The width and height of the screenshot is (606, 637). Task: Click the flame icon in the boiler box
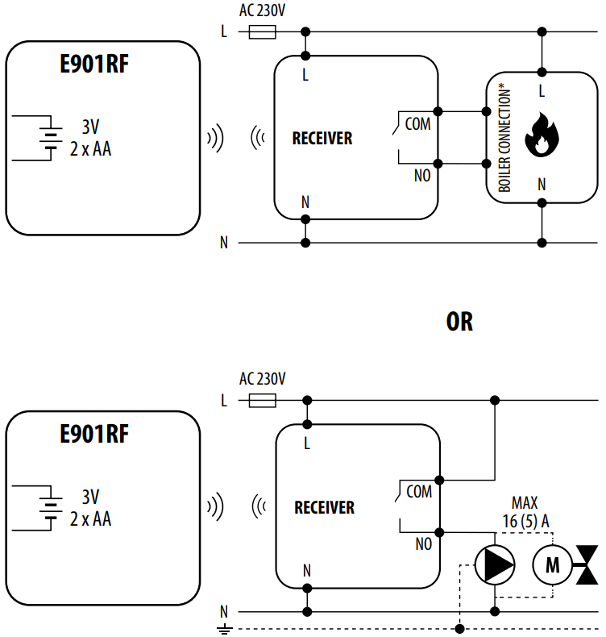pyautogui.click(x=542, y=135)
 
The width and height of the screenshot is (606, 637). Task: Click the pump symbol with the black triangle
pyautogui.click(x=494, y=564)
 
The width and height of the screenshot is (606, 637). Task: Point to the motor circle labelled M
pyautogui.click(x=552, y=564)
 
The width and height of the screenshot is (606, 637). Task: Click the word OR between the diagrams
pyautogui.click(x=459, y=322)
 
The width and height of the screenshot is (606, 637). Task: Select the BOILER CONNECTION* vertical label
pyautogui.click(x=505, y=139)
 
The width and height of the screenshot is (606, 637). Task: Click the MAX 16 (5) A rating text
pyautogui.click(x=525, y=512)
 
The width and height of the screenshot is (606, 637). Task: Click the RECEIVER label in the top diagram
pyautogui.click(x=322, y=139)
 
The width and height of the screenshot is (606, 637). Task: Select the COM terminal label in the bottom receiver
pyautogui.click(x=418, y=491)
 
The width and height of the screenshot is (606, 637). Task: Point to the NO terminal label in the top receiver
pyautogui.click(x=421, y=175)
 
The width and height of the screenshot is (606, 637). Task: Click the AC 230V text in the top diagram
pyautogui.click(x=263, y=10)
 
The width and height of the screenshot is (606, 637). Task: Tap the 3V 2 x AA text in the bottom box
pyautogui.click(x=90, y=508)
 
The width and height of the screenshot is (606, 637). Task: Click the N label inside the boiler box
pyautogui.click(x=542, y=185)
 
